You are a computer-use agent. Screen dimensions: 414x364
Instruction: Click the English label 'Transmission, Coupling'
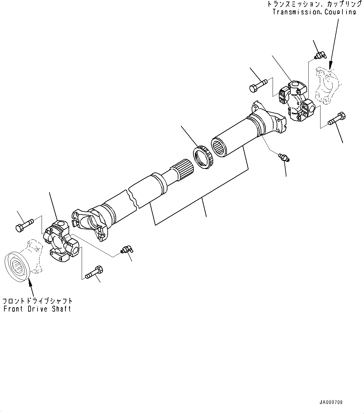(x=314, y=12)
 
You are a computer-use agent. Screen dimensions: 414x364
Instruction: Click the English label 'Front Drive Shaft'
(x=37, y=309)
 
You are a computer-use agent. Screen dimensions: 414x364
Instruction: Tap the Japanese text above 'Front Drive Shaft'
(x=38, y=301)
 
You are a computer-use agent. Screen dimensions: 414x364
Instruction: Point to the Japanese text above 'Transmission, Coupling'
(x=312, y=4)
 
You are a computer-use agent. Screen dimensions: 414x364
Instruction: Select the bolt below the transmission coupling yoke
(x=337, y=119)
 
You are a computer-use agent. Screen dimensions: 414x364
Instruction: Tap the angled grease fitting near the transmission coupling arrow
(x=320, y=56)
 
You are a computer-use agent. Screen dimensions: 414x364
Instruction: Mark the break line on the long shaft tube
(x=133, y=197)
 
